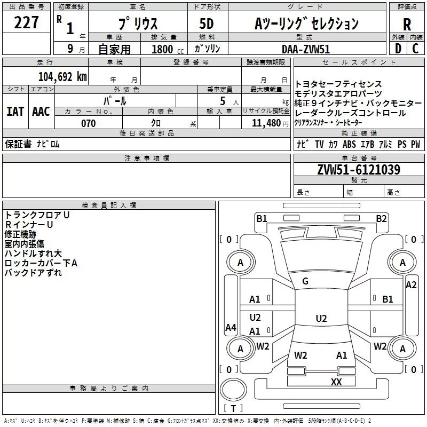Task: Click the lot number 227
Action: pos(26,23)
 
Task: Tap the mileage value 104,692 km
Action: pos(62,77)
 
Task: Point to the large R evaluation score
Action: pos(407,25)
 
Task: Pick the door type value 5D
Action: pos(206,25)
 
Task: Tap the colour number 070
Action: pos(89,124)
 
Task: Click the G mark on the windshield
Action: pos(305,281)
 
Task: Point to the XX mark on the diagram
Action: pos(336,382)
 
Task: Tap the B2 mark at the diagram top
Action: pos(381,218)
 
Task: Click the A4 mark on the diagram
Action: pos(231,328)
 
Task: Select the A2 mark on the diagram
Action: pos(411,285)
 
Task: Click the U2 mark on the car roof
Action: pos(321,319)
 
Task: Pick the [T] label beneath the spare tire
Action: pos(233,409)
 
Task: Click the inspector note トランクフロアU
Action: pos(37,215)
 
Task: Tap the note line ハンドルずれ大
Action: pos(33,254)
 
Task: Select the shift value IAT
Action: pos(15,111)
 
